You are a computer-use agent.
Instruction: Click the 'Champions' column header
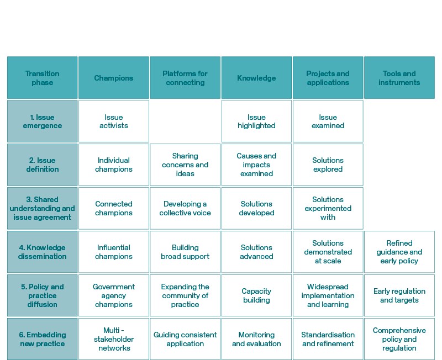(x=114, y=78)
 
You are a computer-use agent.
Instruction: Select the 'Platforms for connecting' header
(x=185, y=78)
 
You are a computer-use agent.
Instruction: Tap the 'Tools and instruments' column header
(x=399, y=78)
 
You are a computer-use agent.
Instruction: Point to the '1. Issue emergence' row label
(x=43, y=121)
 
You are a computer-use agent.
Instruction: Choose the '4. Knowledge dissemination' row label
(x=43, y=252)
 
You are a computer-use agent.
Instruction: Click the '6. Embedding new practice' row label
(x=43, y=339)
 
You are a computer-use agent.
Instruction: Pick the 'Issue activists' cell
(x=114, y=121)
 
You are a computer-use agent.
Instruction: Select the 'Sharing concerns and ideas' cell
(x=185, y=165)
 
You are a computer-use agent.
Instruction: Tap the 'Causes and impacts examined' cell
(x=256, y=165)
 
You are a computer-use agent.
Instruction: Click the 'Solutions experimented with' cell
(x=328, y=208)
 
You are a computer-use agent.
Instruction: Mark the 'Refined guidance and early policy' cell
(x=399, y=252)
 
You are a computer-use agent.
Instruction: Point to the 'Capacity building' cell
(x=256, y=295)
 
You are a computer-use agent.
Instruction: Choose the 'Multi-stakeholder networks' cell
(x=114, y=339)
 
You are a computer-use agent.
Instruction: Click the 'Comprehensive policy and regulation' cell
(x=399, y=339)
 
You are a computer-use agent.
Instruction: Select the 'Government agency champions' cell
(x=114, y=295)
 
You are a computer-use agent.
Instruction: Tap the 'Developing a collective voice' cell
(x=185, y=208)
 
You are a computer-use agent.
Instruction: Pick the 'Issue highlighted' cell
(x=256, y=121)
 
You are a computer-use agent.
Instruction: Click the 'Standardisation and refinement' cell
(x=328, y=339)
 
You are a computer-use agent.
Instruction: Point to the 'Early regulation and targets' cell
(x=399, y=295)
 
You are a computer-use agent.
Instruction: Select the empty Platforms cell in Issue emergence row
(x=185, y=121)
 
